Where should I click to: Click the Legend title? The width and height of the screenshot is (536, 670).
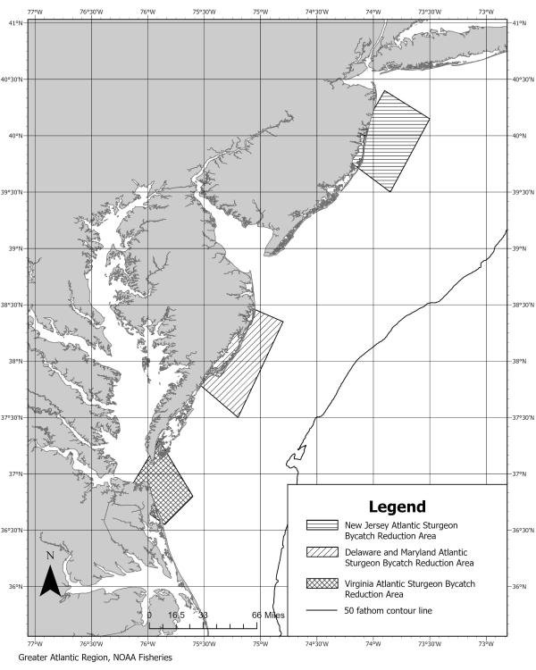coord(397,506)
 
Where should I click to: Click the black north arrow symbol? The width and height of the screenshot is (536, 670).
coord(51,579)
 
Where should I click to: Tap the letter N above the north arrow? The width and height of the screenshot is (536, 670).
coord(51,556)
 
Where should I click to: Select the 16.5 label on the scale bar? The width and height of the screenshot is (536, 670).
coord(176,615)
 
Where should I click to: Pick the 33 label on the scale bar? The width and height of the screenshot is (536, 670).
coord(204,615)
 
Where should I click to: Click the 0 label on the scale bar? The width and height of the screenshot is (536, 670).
coord(149,615)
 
